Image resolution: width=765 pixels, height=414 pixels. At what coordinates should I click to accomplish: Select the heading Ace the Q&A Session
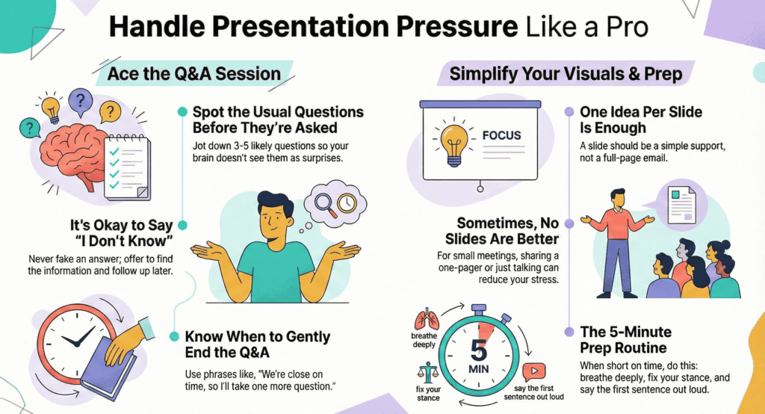[193, 73]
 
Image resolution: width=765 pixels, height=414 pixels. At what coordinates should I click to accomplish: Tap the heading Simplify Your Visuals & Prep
[566, 73]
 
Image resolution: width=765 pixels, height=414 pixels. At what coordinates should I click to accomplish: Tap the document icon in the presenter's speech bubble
[680, 201]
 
